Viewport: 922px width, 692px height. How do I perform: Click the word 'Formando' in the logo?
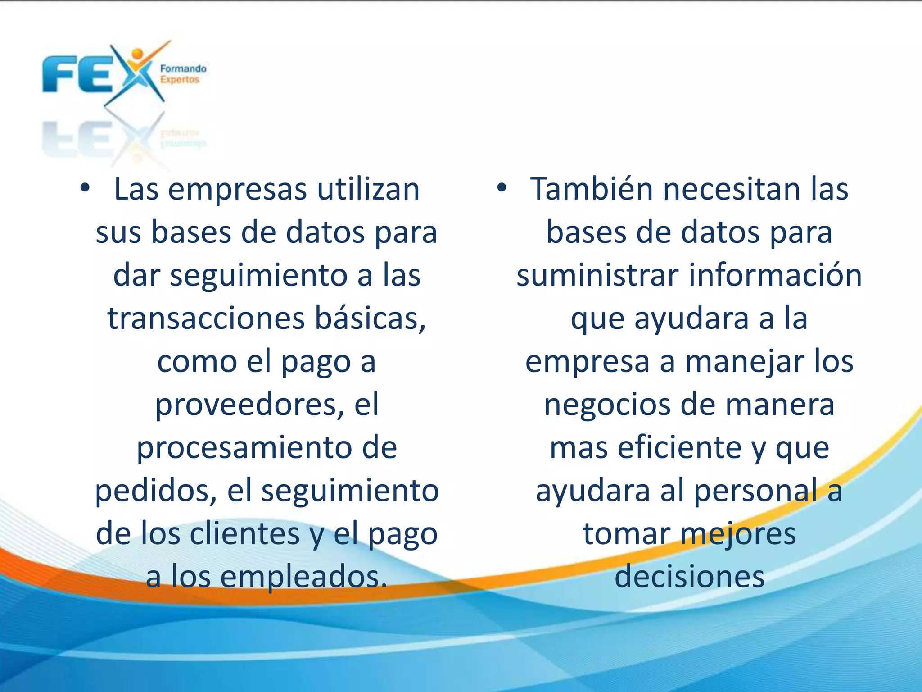tap(183, 69)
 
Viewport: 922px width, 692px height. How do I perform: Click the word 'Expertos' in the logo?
tap(180, 80)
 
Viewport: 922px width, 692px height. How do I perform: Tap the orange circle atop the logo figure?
tap(137, 54)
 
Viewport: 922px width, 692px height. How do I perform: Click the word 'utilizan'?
tap(368, 189)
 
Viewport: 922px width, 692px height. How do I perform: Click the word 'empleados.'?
tap(303, 577)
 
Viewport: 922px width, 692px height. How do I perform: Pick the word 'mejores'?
tap(738, 534)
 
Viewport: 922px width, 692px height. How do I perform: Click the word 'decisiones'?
tap(689, 577)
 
